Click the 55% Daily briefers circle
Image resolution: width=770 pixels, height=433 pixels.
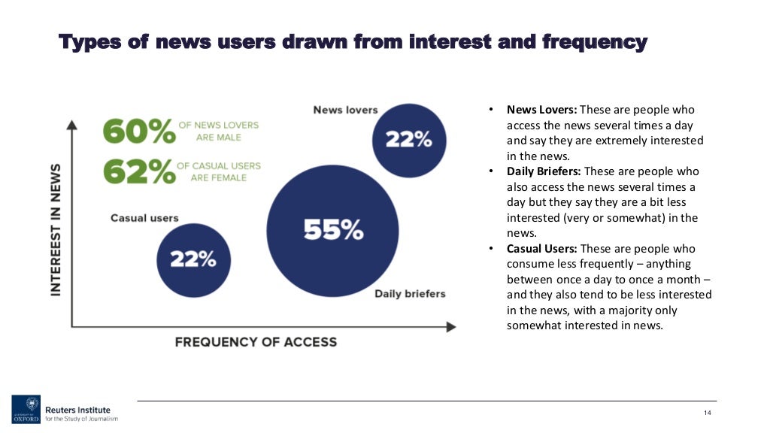333,229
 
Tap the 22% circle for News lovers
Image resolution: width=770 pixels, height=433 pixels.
408,140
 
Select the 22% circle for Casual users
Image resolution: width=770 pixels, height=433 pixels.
192,259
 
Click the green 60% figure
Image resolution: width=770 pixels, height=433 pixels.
138,132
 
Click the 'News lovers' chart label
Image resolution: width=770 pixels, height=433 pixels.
345,110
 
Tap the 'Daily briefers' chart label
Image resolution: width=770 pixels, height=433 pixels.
410,293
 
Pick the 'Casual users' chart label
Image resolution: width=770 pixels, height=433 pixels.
144,218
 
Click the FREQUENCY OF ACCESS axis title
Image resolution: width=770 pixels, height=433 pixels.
256,342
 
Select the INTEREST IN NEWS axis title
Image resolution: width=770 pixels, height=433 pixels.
56,230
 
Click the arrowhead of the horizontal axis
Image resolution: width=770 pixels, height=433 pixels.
451,327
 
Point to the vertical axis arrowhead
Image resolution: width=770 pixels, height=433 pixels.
72,125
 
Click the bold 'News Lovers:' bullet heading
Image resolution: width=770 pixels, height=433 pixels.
541,110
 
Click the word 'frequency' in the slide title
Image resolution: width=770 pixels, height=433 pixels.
594,42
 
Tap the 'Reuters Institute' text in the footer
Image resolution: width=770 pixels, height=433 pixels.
77,410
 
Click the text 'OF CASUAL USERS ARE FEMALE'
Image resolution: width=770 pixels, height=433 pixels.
219,172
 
